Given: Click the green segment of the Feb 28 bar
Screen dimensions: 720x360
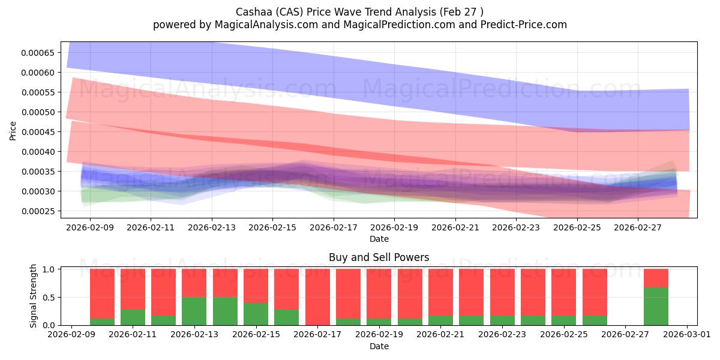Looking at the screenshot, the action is [x=656, y=307].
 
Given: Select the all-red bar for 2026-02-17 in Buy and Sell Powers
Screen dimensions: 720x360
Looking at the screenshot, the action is [x=317, y=297].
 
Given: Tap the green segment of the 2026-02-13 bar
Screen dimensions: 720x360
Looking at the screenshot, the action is [x=194, y=311].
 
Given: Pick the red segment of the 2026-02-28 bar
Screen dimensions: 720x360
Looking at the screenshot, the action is [x=656, y=278].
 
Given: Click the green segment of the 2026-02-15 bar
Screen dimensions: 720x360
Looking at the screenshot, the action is [x=256, y=314].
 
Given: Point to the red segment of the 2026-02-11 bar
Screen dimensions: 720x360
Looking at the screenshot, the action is [x=133, y=289].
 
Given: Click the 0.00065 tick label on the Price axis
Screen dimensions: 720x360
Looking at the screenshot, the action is [x=38, y=53].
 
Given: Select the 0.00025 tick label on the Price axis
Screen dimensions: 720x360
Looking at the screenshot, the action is [x=38, y=211].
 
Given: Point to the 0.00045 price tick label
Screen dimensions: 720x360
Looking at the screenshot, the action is [x=38, y=132].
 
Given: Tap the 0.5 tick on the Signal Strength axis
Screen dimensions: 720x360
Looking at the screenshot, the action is [x=49, y=298].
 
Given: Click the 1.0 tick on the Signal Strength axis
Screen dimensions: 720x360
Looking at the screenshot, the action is [x=49, y=269].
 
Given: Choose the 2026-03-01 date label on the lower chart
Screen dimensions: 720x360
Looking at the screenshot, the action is [x=687, y=334].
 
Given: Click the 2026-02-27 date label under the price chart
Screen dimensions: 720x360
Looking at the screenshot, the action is [x=638, y=227].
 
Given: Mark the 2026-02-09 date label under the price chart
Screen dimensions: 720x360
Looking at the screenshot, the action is [x=90, y=227].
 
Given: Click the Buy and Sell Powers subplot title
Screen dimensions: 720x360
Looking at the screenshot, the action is [x=379, y=257].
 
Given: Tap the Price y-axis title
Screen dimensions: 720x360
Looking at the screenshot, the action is [x=13, y=131].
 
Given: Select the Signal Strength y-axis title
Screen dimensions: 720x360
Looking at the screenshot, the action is [x=33, y=296].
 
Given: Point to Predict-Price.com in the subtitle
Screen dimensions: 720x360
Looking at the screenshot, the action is [x=524, y=25].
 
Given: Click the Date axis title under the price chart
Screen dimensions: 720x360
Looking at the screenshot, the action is [x=379, y=239].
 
